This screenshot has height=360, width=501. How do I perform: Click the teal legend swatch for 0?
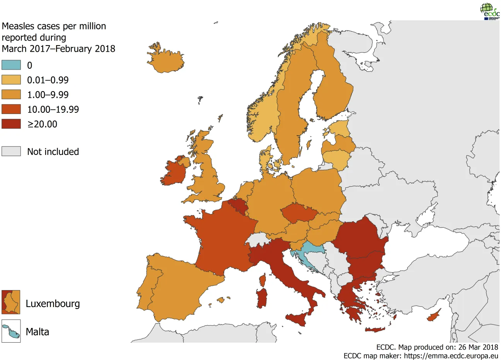(x=11, y=65)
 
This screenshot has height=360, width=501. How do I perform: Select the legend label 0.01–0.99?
(x=48, y=80)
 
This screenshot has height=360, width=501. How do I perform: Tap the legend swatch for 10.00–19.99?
(x=11, y=109)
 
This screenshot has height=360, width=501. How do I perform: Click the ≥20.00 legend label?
(x=42, y=124)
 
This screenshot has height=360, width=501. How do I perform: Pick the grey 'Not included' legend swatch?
(x=11, y=151)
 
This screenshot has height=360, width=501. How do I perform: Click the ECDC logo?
(x=489, y=11)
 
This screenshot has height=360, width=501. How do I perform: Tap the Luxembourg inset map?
(x=11, y=302)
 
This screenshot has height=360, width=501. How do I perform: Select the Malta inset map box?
(x=11, y=331)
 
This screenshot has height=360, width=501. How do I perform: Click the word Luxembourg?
(x=53, y=304)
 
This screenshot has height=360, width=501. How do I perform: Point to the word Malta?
(x=37, y=332)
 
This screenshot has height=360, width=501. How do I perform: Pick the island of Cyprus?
(x=433, y=317)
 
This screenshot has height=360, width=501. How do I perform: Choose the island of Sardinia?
(x=262, y=298)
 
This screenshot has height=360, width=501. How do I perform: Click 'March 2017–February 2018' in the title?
(x=58, y=49)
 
